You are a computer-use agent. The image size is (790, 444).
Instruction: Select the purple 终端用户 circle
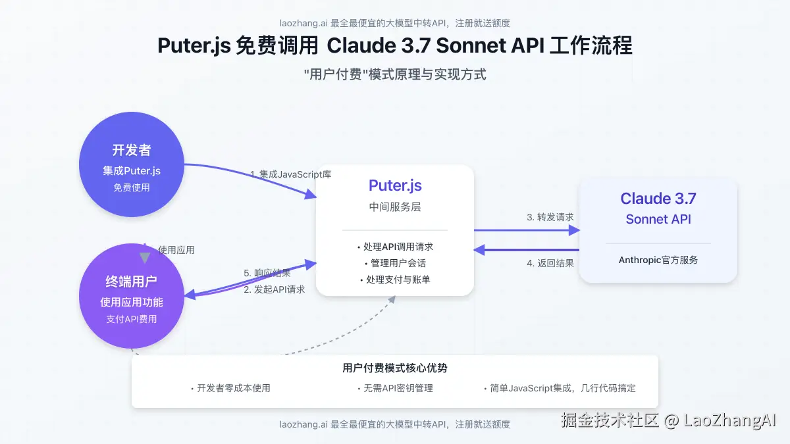(132, 296)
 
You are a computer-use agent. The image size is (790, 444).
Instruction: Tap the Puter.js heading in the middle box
(395, 185)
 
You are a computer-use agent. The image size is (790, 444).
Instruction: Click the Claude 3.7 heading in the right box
(658, 199)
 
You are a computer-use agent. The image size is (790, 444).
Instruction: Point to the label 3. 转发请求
(550, 217)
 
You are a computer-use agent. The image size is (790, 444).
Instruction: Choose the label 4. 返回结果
(550, 263)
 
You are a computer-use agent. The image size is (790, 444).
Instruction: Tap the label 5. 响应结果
(267, 273)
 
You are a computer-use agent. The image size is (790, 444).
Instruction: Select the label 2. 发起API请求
(275, 289)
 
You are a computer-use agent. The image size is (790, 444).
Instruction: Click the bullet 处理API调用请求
(395, 247)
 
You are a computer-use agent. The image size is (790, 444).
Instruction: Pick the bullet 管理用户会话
(395, 263)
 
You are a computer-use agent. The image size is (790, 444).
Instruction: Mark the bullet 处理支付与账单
(395, 280)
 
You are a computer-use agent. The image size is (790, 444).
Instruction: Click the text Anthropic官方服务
(658, 260)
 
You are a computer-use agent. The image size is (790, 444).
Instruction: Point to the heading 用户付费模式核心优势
(395, 368)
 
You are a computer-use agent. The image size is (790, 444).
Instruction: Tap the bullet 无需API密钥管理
(395, 388)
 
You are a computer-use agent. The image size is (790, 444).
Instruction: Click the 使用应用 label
(176, 250)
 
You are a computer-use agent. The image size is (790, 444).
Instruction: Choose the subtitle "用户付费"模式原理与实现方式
(395, 74)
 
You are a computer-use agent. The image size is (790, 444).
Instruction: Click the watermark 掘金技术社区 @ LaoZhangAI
(669, 420)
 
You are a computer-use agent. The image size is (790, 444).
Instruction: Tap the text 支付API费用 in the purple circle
(132, 319)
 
